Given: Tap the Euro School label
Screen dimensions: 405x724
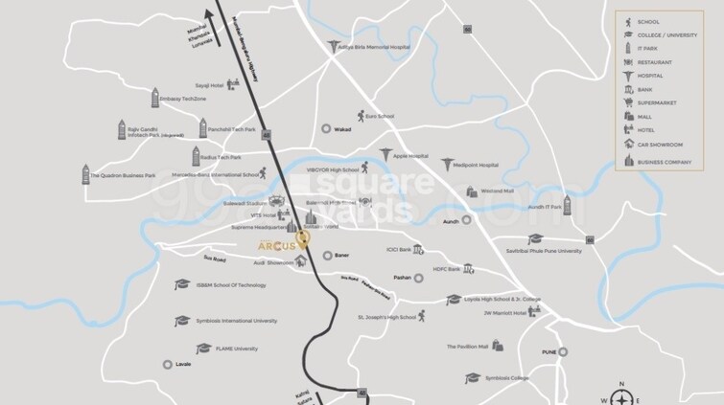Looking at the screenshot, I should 380,117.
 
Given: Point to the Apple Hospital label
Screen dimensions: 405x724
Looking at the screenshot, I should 410,155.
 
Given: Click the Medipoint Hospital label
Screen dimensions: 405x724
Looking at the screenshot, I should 477,165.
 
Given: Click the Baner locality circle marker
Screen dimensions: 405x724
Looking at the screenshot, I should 327,256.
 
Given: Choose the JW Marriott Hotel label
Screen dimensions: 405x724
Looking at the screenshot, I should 505,313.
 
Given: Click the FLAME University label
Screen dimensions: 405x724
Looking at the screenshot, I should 237,349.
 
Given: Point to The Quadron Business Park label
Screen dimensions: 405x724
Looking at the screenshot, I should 123,176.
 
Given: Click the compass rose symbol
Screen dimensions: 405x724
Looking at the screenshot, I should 622,397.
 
